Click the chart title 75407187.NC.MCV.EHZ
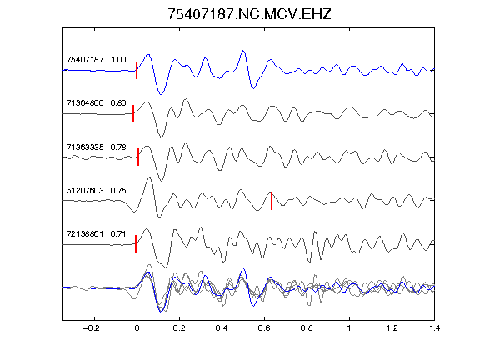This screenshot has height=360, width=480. (x=249, y=14)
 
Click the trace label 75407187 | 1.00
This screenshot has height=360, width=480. (x=96, y=59)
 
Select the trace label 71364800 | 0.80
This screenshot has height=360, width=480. (x=96, y=102)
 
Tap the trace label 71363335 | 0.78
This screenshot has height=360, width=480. (x=96, y=147)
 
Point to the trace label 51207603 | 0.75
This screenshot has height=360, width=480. (x=96, y=190)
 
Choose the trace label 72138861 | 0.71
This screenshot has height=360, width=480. (x=96, y=234)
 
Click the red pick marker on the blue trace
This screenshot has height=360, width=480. (x=137, y=70)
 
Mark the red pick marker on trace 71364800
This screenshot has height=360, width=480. (x=133, y=113)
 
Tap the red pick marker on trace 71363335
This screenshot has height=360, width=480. (x=138, y=157)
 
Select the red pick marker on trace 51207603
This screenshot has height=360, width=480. (x=272, y=201)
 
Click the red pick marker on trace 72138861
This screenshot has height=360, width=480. (x=136, y=244)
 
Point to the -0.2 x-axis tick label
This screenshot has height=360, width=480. (x=91, y=328)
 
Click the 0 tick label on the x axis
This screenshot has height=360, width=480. (x=137, y=328)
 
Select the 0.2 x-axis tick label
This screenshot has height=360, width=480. (x=179, y=328)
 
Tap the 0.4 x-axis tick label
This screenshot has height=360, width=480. (x=222, y=328)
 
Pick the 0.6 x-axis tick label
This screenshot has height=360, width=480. (x=264, y=328)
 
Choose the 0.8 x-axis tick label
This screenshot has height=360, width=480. (x=307, y=328)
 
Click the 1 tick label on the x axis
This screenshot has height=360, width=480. (x=349, y=328)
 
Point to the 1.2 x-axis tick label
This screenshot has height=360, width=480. (x=392, y=328)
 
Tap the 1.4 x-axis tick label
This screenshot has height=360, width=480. (x=434, y=328)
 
